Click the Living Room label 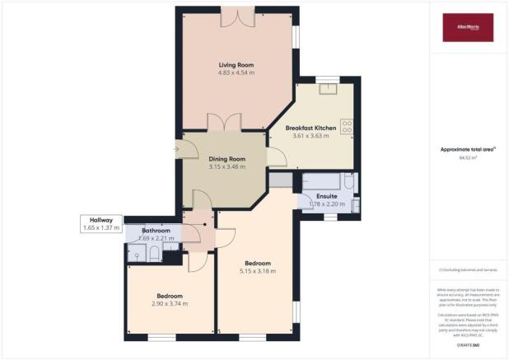234,64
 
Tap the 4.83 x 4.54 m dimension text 234,73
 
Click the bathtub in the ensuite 327,181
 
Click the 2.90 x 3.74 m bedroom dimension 170,304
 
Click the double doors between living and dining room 224,124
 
